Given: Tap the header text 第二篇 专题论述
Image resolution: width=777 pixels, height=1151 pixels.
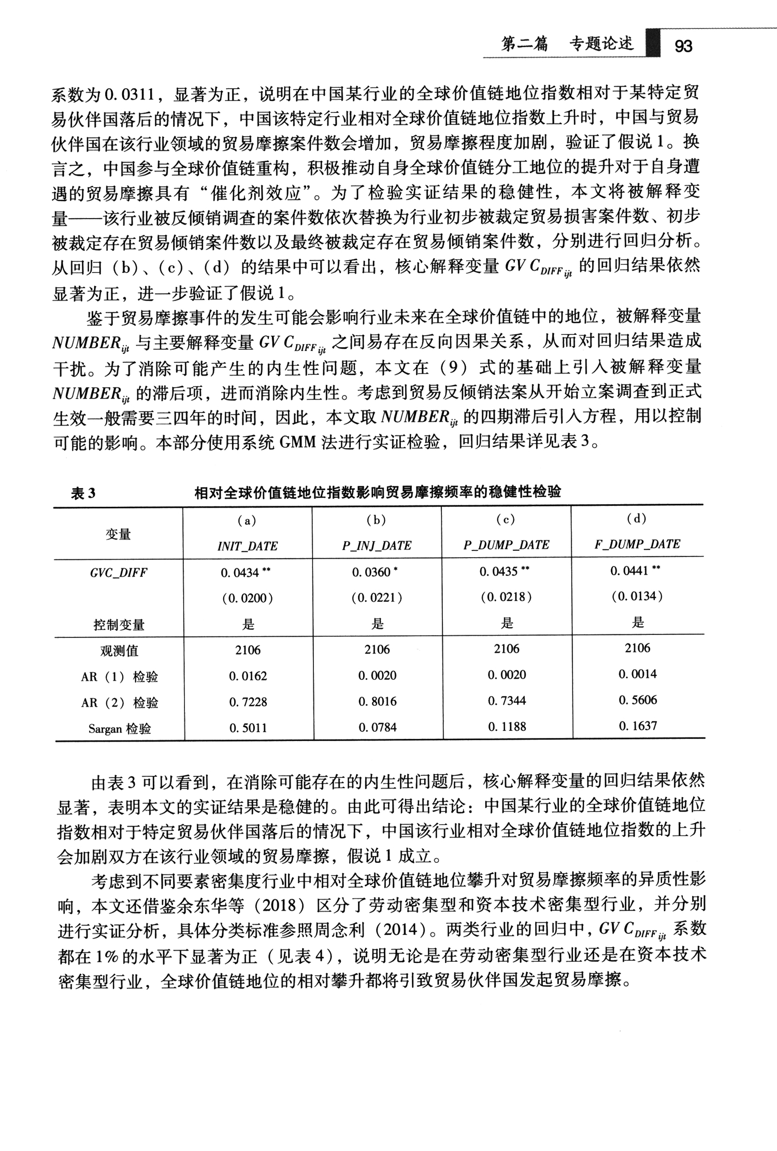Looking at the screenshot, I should click(567, 45).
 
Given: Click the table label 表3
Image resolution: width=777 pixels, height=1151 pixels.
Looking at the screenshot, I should click(83, 493).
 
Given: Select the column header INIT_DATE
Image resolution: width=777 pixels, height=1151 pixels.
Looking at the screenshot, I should click(248, 546).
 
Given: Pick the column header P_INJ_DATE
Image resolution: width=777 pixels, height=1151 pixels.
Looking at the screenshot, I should click(377, 546).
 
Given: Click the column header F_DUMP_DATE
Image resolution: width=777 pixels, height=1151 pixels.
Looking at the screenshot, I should click(637, 544).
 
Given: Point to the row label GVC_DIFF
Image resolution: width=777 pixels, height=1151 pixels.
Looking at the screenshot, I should click(119, 573).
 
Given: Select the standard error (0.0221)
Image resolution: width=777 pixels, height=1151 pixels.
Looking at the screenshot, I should click(377, 598).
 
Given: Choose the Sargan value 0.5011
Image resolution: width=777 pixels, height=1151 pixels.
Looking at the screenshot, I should click(248, 728).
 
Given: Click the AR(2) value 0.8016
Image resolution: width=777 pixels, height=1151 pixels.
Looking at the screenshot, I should click(377, 702).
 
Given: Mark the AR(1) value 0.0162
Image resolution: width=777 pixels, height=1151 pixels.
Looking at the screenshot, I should click(248, 676).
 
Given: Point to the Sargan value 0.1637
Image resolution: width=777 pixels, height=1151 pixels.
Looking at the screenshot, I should click(638, 726).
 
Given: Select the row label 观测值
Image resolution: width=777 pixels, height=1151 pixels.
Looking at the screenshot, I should click(119, 651).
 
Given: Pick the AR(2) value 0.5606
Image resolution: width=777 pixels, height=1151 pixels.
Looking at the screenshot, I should click(638, 700).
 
